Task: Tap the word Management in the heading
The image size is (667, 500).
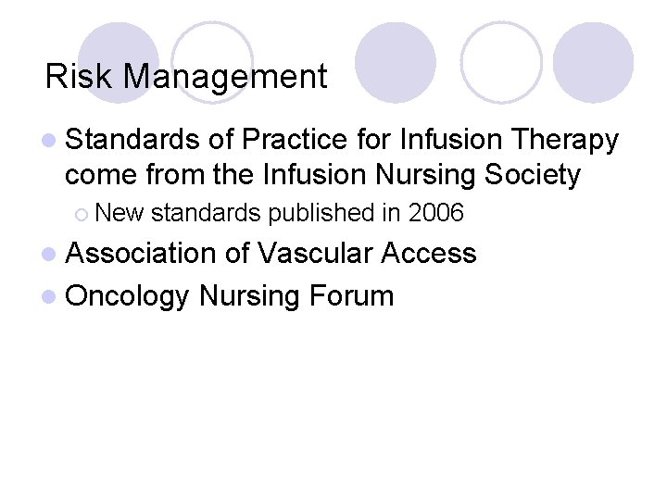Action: point(225,77)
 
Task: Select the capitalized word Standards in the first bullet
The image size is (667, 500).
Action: point(132,140)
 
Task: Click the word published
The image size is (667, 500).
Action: point(321,213)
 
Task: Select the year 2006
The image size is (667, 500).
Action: point(435,213)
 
